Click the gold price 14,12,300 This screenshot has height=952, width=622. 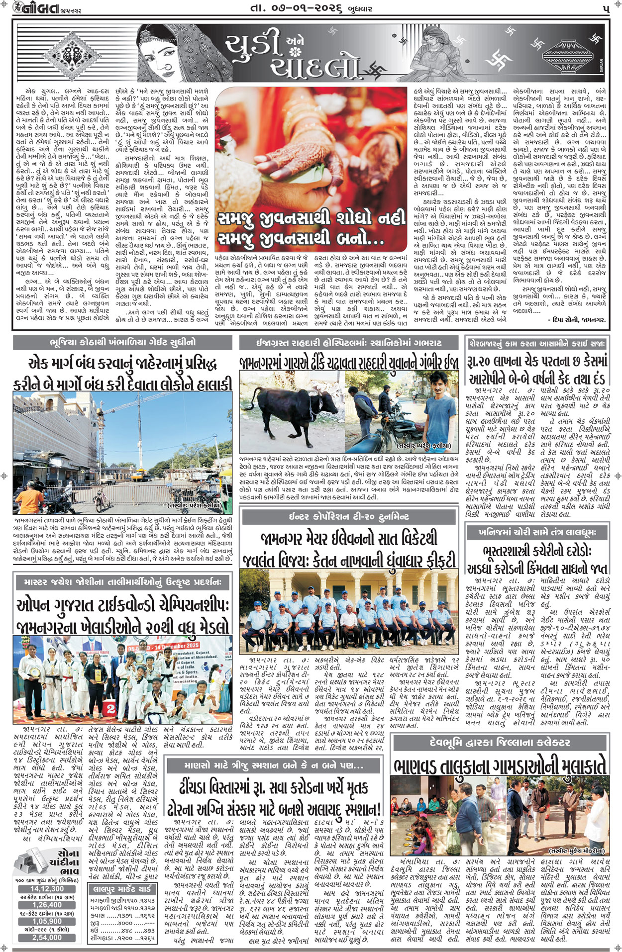click(47, 888)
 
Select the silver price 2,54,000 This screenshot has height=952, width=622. click(47, 937)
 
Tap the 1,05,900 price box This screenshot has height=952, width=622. click(47, 921)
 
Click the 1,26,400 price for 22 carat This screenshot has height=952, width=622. click(47, 905)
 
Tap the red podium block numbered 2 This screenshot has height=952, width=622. click(110, 709)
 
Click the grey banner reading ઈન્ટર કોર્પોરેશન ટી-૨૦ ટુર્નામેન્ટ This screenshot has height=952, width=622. click(349, 517)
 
